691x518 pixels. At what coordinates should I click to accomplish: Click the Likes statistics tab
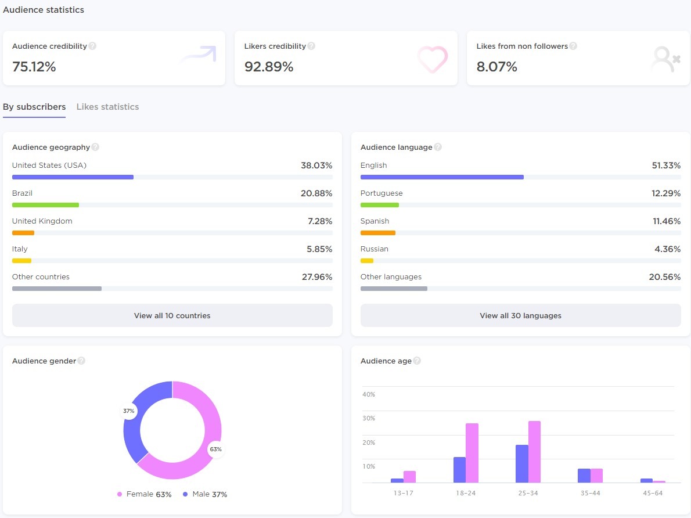(107, 107)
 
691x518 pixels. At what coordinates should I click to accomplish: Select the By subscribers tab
(34, 107)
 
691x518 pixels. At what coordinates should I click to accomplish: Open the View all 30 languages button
(520, 315)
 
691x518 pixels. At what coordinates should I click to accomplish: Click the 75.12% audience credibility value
(34, 67)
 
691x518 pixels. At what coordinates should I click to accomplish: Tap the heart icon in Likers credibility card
(433, 59)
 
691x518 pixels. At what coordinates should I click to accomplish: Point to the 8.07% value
(496, 67)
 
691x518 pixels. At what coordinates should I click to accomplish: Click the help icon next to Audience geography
(95, 147)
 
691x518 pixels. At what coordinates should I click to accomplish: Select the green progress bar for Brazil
(45, 205)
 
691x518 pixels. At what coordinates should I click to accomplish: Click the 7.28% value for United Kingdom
(320, 221)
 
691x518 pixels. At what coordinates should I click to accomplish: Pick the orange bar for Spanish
(377, 233)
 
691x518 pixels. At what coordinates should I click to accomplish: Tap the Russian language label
(375, 249)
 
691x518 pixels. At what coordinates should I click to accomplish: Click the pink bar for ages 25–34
(534, 452)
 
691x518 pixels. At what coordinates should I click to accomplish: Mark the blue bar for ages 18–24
(459, 470)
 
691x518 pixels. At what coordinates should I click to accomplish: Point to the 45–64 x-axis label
(653, 493)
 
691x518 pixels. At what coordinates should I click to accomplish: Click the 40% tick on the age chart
(369, 394)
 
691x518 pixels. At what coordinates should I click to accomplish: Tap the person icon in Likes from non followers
(664, 59)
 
